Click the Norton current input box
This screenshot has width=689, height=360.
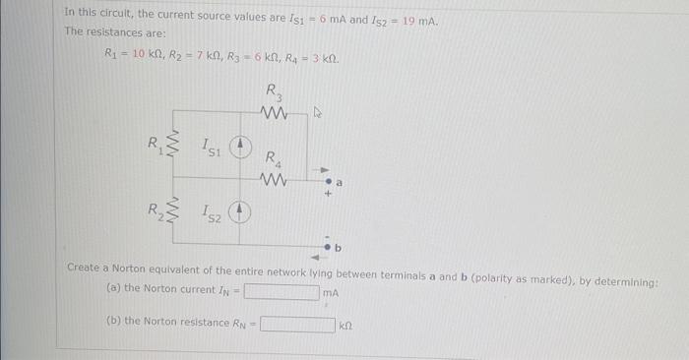282,291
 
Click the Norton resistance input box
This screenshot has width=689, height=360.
297,323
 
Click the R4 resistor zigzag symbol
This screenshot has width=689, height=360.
273,179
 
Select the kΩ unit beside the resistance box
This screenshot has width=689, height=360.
346,324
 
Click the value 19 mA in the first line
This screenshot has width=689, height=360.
422,22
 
